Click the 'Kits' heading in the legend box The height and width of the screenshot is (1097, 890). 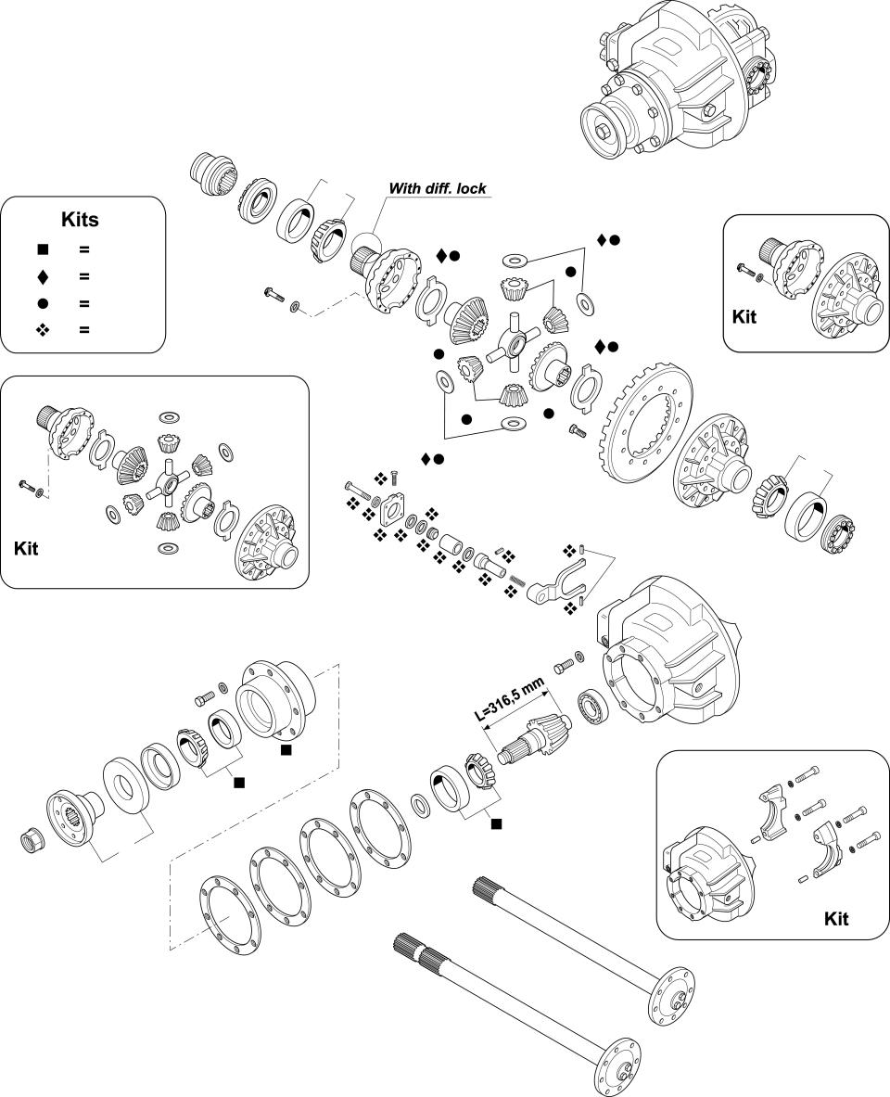point(80,220)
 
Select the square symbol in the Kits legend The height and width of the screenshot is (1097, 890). point(43,249)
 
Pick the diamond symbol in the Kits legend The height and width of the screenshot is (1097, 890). point(43,276)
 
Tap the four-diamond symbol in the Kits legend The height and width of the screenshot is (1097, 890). point(43,330)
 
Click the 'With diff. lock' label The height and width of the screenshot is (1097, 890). point(437,188)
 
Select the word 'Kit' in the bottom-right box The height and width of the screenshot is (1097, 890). point(836,919)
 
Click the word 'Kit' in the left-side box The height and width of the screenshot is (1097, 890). point(27,547)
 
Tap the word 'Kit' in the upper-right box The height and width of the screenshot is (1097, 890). point(744,316)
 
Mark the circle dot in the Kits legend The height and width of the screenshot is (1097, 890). point(43,303)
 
